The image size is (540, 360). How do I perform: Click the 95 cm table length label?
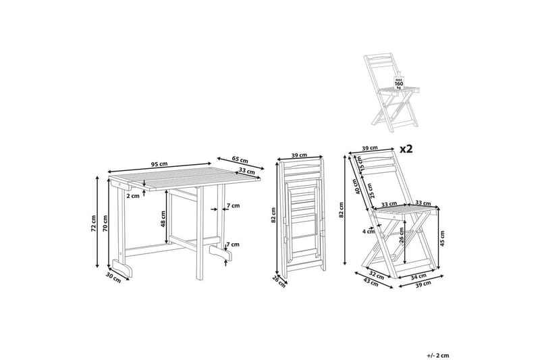click(159, 164)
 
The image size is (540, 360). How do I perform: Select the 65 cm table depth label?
click(240, 160)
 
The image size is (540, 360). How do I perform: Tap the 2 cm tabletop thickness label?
click(134, 196)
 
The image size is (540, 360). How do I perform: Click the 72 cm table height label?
click(95, 222)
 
